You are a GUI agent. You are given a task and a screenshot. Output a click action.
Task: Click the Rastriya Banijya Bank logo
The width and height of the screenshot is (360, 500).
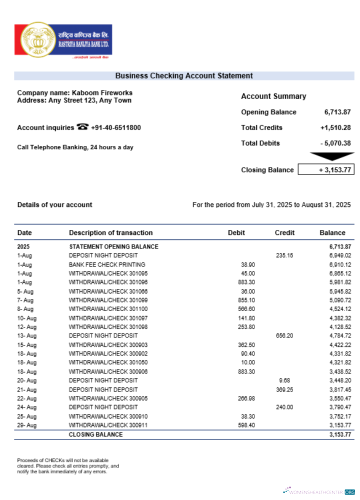63,40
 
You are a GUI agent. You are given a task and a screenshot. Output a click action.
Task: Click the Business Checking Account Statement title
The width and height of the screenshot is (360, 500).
184,76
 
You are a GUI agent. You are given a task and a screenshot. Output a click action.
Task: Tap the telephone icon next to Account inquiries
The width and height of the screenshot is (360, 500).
82,127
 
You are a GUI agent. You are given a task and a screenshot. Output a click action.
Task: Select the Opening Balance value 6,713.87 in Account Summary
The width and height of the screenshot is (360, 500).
337,112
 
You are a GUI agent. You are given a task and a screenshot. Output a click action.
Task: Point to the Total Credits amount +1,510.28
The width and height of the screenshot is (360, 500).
335,127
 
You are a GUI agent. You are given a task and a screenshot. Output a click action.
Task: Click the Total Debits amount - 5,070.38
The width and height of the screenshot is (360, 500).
335,143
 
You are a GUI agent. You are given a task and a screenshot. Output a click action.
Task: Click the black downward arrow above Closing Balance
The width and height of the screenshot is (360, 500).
325,157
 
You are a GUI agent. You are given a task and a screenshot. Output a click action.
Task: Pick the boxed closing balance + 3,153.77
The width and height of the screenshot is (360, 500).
325,170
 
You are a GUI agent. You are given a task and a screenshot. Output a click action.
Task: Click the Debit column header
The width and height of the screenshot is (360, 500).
236,232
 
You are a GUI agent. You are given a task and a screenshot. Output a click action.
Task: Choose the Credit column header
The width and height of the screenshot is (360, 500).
284,232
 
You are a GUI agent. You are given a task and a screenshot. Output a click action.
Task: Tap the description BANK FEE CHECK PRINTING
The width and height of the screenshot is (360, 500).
107,264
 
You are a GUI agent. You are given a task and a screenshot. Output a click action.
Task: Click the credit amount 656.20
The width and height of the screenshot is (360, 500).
284,335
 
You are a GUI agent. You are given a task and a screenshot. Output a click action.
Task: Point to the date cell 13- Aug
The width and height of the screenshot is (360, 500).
27,335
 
